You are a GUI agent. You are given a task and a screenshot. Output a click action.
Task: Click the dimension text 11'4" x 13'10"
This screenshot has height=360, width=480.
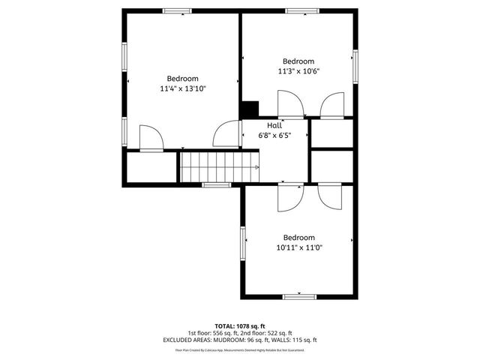click(x=182, y=88)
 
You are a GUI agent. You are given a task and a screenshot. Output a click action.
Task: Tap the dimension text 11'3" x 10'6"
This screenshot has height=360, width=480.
click(x=298, y=71)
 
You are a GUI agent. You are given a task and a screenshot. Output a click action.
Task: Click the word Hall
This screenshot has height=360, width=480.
click(x=274, y=125)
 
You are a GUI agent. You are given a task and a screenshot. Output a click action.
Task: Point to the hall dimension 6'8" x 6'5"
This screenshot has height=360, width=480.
click(x=274, y=135)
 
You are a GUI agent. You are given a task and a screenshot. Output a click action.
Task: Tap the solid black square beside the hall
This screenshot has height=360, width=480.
click(x=249, y=109)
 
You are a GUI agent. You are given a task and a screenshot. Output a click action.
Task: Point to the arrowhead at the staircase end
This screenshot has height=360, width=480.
click(x=257, y=166)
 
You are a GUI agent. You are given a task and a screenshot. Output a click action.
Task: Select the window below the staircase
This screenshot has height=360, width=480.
click(x=216, y=184)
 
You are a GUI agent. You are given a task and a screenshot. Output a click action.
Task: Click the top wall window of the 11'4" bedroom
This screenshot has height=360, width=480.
click(x=178, y=10)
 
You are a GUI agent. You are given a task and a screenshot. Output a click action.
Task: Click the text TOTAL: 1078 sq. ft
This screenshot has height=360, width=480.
click(x=240, y=326)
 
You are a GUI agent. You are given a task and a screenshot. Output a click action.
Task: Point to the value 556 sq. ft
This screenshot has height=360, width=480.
click(x=222, y=333)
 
